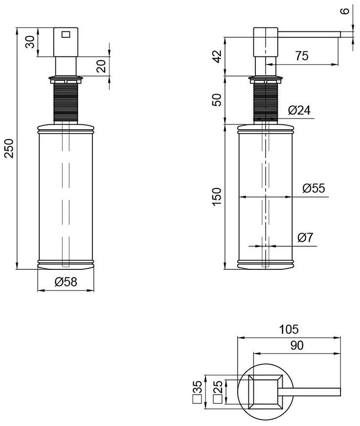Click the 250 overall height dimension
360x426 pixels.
tap(9, 148)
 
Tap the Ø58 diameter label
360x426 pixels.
tap(66, 282)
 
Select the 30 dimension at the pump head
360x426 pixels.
tap(30, 42)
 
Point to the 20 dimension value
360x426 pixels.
tap(101, 66)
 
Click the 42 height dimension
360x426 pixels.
tap(217, 56)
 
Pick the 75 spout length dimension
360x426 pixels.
tap(302, 56)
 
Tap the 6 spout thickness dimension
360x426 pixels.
tap(344, 11)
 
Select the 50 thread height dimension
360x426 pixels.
tap(217, 100)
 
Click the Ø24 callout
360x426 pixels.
tap(299, 111)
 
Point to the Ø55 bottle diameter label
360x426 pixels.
tap(314, 188)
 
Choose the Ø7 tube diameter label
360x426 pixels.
tap(305, 237)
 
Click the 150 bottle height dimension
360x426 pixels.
tap(217, 197)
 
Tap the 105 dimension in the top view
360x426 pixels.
tap(289, 329)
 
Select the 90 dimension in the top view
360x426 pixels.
tap(297, 345)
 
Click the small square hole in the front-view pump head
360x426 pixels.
tap(66, 34)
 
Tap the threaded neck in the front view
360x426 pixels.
tap(66, 102)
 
